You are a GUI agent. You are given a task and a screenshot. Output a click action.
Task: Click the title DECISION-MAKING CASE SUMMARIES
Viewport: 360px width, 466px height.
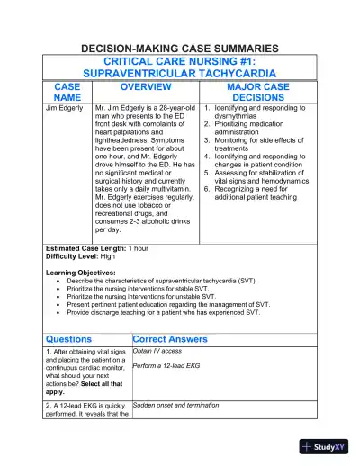(x=180, y=48)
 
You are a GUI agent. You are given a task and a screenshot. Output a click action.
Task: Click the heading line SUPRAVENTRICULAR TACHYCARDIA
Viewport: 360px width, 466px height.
(x=180, y=72)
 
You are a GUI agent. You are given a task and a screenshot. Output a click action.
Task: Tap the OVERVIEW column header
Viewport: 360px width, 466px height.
(x=146, y=86)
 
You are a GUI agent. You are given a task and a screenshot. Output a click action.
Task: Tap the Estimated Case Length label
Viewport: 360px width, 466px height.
(x=85, y=247)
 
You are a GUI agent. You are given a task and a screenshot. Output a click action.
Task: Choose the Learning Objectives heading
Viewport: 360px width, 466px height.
(x=80, y=273)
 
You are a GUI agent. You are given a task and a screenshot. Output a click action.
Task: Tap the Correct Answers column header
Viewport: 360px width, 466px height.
(x=170, y=339)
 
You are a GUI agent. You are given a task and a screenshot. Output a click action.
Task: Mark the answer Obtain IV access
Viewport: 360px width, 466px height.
(x=157, y=352)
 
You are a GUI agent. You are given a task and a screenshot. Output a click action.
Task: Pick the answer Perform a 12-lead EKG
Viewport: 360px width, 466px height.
(x=165, y=367)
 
